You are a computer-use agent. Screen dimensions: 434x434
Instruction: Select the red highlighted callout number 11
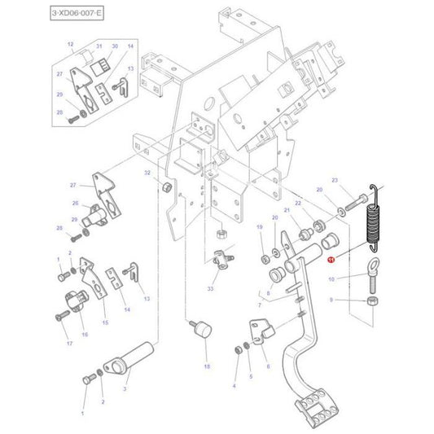pyautogui.click(x=331, y=260)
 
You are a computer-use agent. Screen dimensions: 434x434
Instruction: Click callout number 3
pyautogui.click(x=125, y=390)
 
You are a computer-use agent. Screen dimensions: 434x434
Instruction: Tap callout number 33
pyautogui.click(x=211, y=289)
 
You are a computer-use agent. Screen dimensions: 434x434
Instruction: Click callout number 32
pyautogui.click(x=147, y=173)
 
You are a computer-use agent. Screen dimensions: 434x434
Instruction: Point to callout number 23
pyautogui.click(x=334, y=180)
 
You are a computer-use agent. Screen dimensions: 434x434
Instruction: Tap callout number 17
pyautogui.click(x=69, y=344)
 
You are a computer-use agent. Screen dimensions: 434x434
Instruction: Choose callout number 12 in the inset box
pyautogui.click(x=70, y=43)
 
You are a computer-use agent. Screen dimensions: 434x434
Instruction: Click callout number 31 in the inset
pyautogui.click(x=99, y=47)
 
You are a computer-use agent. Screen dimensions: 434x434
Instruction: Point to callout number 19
pyautogui.click(x=259, y=227)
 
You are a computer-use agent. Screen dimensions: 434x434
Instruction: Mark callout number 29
pyautogui.click(x=73, y=220)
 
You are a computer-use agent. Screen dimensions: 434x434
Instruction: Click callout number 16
pyautogui.click(x=84, y=334)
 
